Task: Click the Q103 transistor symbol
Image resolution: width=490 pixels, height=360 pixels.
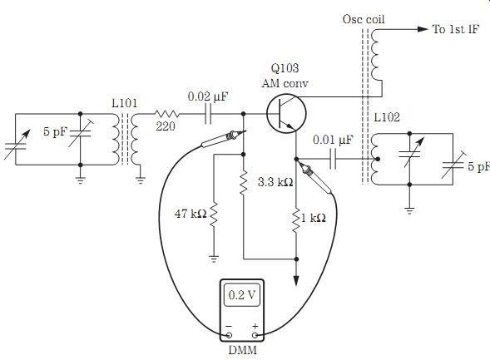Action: tap(286, 113)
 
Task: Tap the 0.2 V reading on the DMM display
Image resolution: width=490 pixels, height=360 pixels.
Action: tap(242, 295)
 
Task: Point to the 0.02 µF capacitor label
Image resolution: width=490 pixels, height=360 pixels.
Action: tap(208, 96)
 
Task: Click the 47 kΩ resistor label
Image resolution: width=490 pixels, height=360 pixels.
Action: tap(191, 214)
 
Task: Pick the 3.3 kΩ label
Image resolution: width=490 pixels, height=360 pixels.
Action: tap(275, 182)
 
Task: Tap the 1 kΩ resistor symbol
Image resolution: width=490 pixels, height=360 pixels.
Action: tap(296, 219)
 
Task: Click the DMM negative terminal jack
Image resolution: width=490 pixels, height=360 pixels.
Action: tap(229, 335)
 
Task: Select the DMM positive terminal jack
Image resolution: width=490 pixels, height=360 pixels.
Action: tap(255, 335)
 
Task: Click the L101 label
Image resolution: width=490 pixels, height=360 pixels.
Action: tap(125, 103)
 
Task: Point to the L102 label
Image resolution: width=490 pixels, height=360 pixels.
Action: tap(387, 117)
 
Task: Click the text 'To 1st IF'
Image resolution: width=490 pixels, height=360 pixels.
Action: tap(456, 29)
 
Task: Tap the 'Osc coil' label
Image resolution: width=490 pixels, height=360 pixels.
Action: tap(364, 19)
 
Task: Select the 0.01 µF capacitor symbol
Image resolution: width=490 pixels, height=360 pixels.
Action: tap(334, 160)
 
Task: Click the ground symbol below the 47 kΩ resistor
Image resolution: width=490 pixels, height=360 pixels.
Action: tap(214, 259)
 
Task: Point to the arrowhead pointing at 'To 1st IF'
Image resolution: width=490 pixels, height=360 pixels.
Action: tap(423, 29)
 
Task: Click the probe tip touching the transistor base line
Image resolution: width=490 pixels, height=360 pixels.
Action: tap(245, 131)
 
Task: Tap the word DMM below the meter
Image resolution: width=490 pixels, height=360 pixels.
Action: tap(242, 350)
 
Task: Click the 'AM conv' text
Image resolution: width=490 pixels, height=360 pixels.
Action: tap(285, 83)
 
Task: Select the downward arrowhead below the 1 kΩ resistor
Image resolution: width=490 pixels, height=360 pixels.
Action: tap(296, 281)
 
